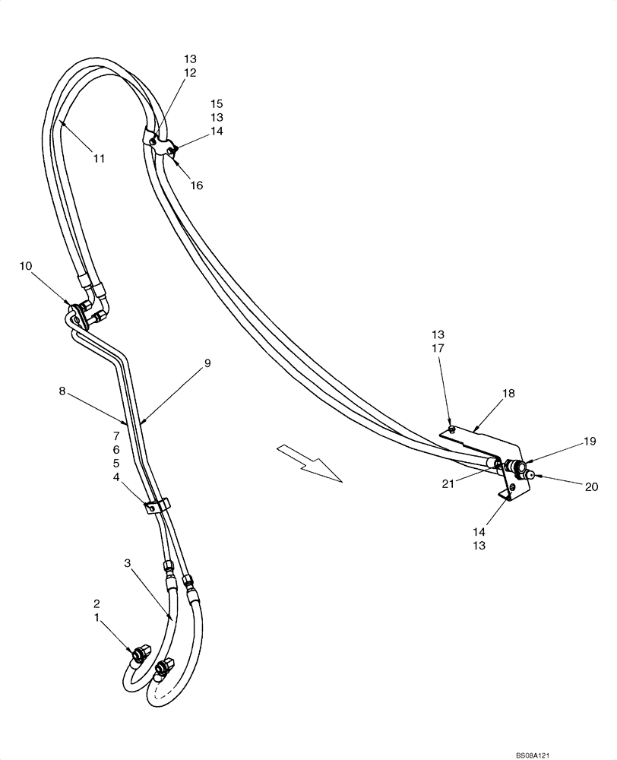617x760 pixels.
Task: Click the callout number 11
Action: point(100,159)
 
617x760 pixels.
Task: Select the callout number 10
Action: point(27,266)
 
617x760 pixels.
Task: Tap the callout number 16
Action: point(197,185)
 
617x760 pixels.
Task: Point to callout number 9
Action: point(207,363)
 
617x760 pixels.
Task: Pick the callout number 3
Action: point(128,563)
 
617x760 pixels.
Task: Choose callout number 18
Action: point(507,394)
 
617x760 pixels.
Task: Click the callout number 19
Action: point(590,441)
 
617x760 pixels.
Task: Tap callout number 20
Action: point(591,487)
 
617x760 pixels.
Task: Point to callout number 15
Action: point(217,103)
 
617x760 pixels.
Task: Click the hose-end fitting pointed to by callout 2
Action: point(141,653)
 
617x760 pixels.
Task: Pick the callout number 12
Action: point(190,73)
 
